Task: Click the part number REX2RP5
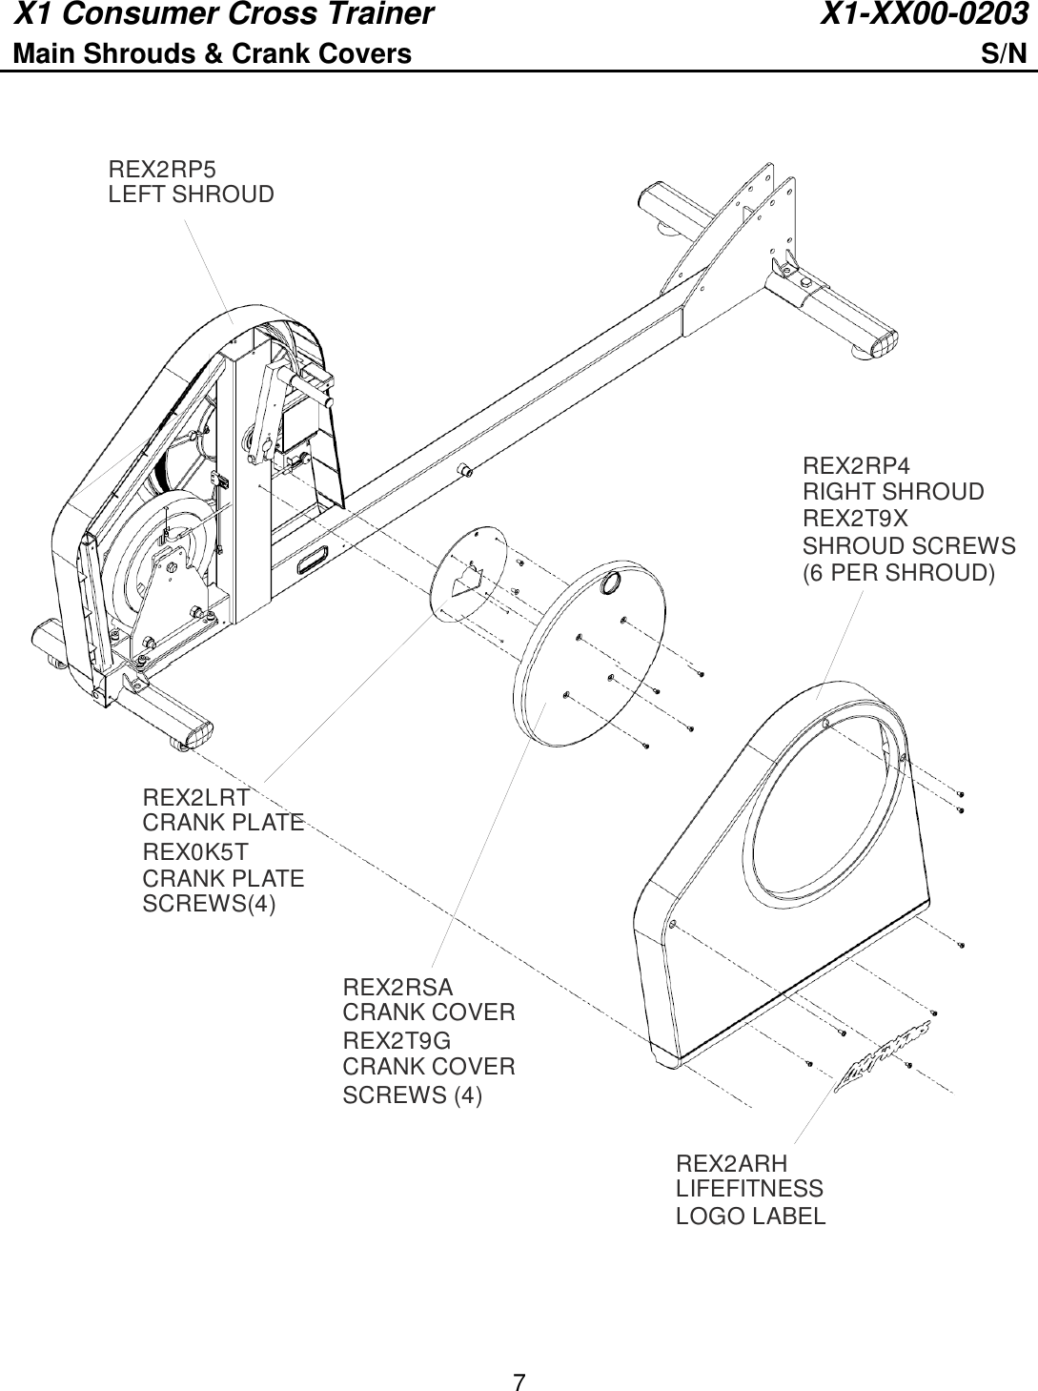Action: tap(162, 170)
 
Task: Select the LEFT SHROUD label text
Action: tap(191, 195)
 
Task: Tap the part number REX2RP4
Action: tap(856, 466)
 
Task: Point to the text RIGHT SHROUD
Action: tap(893, 492)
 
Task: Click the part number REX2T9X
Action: tap(855, 519)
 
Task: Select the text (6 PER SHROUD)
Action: tap(899, 573)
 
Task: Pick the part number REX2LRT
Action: tap(196, 797)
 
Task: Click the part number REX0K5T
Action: tap(195, 850)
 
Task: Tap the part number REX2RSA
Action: tap(398, 986)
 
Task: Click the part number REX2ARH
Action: tap(732, 1163)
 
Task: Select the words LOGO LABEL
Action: tap(750, 1217)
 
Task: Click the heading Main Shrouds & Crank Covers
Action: tap(212, 54)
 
